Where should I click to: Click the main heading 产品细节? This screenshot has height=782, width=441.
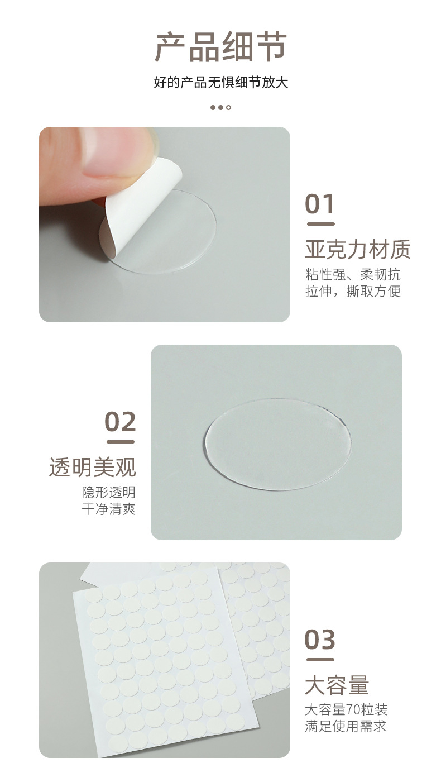[x=220, y=47]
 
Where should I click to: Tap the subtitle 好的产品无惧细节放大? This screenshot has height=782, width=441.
[x=220, y=83]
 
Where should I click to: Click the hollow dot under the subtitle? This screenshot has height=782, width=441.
[x=228, y=107]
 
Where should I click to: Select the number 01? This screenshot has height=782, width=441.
[x=320, y=204]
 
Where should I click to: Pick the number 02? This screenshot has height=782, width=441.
[x=120, y=422]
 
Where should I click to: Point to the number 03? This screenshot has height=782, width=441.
[x=320, y=640]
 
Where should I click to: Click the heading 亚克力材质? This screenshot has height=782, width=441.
[x=358, y=250]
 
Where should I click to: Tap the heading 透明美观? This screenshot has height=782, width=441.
[x=93, y=468]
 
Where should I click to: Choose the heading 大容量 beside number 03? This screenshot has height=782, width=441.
[x=337, y=685]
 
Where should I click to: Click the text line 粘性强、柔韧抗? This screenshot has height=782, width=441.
[x=353, y=275]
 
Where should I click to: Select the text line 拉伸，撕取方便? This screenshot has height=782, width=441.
[x=353, y=291]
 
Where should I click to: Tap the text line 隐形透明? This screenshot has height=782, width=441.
[x=108, y=493]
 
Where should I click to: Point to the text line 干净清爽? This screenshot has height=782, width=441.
[x=108, y=509]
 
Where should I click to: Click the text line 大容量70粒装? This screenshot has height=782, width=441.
[x=346, y=710]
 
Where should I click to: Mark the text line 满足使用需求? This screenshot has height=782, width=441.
[x=346, y=726]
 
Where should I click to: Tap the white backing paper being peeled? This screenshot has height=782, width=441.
[x=140, y=207]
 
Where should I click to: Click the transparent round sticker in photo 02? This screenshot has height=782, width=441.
[x=278, y=444]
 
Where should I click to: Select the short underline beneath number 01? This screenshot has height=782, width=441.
[x=321, y=224]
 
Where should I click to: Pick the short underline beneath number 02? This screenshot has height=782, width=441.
[x=121, y=442]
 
